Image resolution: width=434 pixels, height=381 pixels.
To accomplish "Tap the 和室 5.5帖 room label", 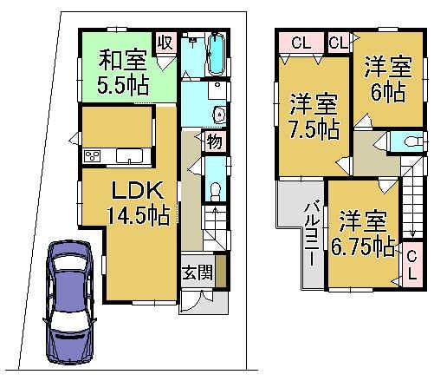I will tap(121, 73).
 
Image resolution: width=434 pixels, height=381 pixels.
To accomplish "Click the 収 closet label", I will tap(164, 42).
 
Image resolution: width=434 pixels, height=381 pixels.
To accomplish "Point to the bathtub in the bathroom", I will tap(216, 53).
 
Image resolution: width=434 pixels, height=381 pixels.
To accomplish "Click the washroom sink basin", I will tap(218, 113).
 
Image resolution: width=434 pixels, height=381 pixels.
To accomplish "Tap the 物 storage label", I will tap(212, 141).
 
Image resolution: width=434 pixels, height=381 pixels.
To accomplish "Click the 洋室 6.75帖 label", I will tap(361, 232).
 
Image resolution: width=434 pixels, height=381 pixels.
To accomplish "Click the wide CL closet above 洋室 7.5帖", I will tap(301, 41).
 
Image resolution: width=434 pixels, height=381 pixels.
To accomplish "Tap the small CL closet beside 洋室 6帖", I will tap(338, 41).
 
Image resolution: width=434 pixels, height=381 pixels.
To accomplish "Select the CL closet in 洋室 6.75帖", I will tap(412, 260).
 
